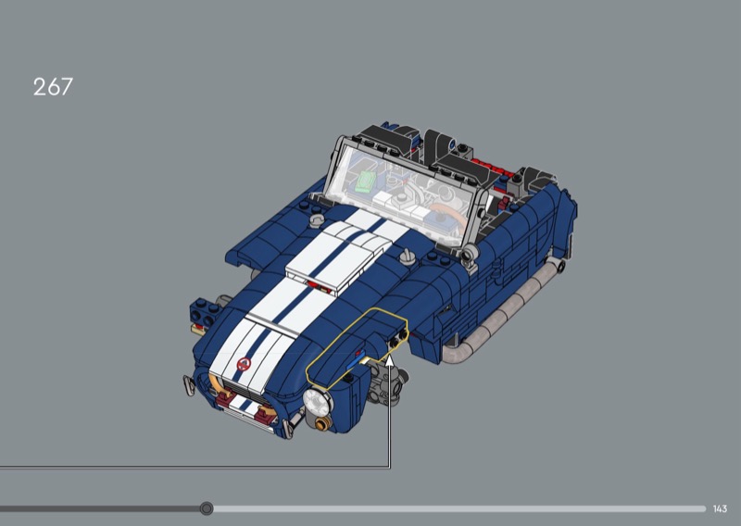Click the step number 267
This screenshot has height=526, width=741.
tap(53, 87)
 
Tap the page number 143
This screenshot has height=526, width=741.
tap(720, 509)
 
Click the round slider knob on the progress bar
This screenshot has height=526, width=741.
tap(206, 508)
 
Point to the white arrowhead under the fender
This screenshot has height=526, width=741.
tap(389, 361)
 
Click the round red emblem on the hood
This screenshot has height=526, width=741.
tap(244, 364)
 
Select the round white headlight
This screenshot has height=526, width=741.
tap(316, 401)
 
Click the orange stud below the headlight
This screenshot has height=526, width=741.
tap(322, 423)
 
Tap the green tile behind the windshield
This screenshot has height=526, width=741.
tap(366, 182)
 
